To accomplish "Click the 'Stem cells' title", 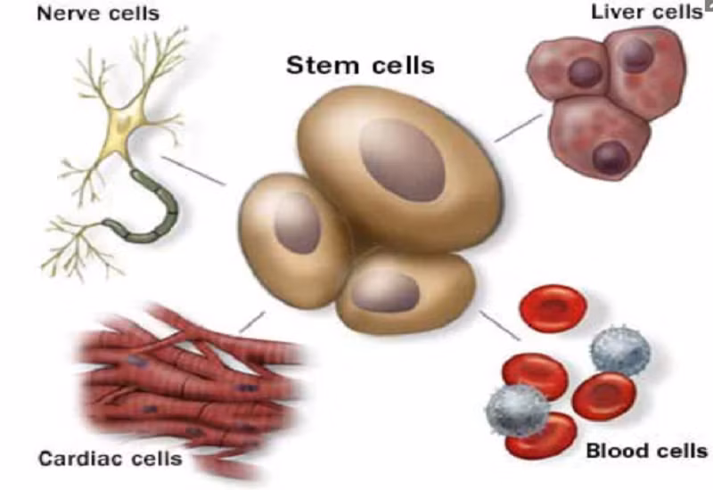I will pos(359,66).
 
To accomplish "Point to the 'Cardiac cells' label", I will pos(110,460).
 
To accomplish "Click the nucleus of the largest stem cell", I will pos(402,158).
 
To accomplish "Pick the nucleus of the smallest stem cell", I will pos(389,290).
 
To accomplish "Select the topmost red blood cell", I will pos(552,308).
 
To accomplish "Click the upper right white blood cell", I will pos(620,350).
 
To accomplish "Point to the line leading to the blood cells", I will pos(500,325).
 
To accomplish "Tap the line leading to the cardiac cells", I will pos(252,321).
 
